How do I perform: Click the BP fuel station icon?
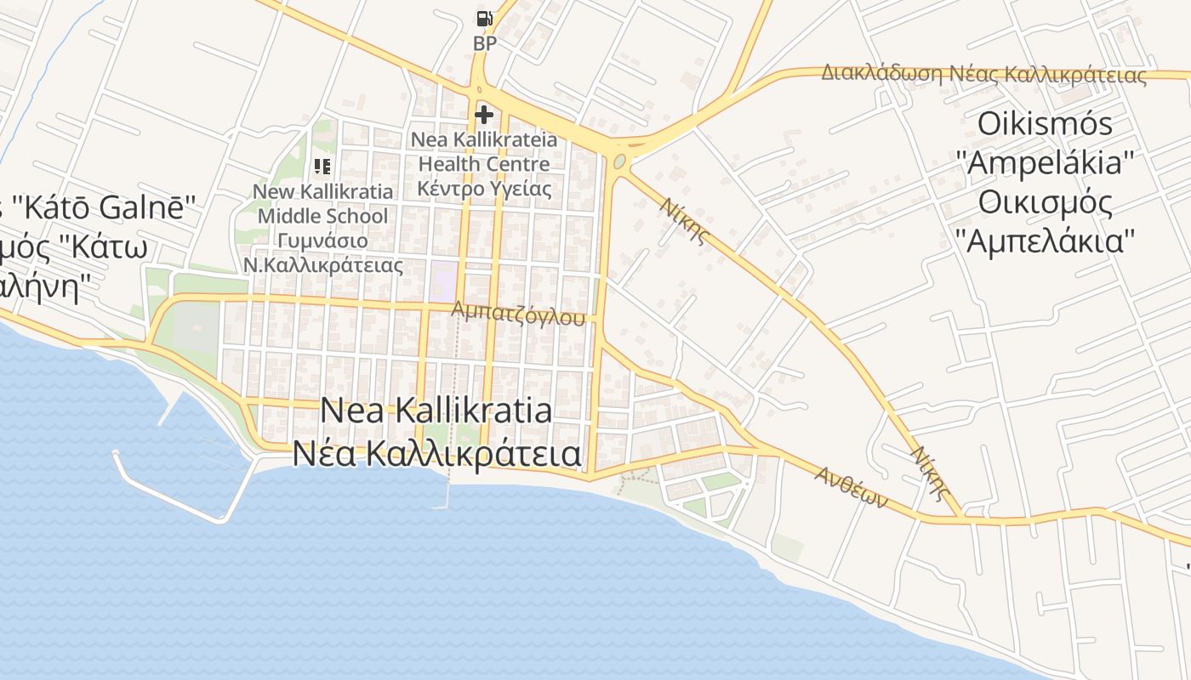tap(484, 18)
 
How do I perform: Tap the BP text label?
tap(484, 43)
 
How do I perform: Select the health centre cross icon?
tap(484, 115)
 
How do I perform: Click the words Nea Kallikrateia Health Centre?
tap(484, 150)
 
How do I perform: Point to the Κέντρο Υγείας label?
tap(484, 188)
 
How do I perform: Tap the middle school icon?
tap(322, 167)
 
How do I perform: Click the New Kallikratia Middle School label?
tap(322, 204)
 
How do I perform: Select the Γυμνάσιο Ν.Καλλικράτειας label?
tap(322, 252)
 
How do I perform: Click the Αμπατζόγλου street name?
tap(519, 314)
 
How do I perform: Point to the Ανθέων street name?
tap(851, 486)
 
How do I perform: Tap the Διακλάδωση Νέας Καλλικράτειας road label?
tap(983, 74)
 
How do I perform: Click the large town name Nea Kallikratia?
tap(436, 411)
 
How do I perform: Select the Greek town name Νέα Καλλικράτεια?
tap(436, 454)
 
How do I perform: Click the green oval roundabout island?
tap(619, 161)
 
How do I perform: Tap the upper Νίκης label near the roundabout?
tap(686, 220)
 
